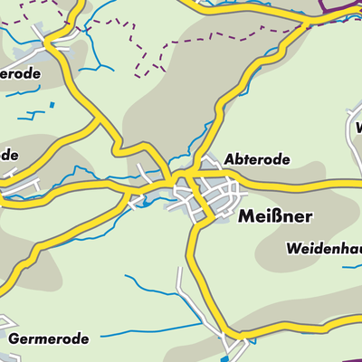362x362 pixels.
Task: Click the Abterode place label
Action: click(257, 160)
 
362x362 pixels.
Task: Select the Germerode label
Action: click(50, 339)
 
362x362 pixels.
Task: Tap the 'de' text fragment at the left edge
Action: click(9, 155)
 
